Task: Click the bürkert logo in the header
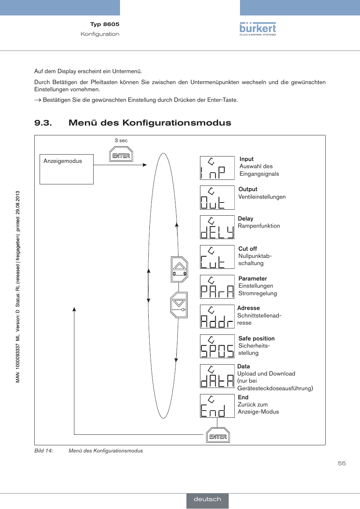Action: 258,29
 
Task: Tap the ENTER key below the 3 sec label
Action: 121,154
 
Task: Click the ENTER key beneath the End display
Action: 218,435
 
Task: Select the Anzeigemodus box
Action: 66,169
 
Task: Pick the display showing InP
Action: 217,168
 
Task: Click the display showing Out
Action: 217,198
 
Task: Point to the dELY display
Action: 217,227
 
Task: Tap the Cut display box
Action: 217,257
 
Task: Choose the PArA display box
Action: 217,287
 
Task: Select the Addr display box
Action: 217,317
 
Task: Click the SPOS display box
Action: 217,346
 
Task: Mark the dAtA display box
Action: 217,376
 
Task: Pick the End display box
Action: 217,406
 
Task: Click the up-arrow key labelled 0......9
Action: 179,270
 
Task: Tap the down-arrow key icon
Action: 179,305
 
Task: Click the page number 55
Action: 342,463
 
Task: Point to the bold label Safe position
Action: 256,338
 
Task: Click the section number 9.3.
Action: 43,123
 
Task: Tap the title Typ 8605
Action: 105,24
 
